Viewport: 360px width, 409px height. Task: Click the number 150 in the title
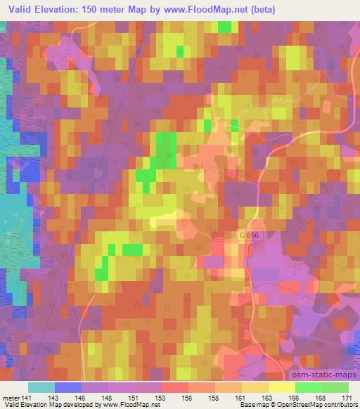pos(99,9)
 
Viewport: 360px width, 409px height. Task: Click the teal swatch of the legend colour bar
pos(41,387)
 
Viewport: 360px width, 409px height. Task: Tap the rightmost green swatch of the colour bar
pos(335,387)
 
